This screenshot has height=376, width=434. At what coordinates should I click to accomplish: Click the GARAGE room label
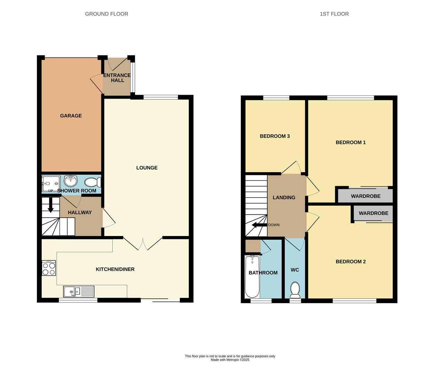(x=71, y=116)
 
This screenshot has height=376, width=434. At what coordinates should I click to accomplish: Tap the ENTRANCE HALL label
(x=117, y=78)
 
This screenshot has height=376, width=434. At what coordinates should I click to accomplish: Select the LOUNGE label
(x=147, y=168)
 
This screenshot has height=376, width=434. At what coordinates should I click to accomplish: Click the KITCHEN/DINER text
(x=115, y=269)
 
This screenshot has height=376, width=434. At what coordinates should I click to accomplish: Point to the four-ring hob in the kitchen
(x=49, y=268)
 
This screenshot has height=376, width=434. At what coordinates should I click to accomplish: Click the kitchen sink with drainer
(x=79, y=291)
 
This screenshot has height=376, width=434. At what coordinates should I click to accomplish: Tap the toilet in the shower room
(x=93, y=182)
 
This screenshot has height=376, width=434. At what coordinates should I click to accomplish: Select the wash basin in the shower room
(x=71, y=181)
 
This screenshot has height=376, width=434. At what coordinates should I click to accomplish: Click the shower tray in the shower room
(x=51, y=184)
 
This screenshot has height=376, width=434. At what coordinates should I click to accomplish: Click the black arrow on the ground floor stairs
(x=50, y=205)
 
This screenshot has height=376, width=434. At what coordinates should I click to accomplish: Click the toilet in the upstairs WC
(x=295, y=290)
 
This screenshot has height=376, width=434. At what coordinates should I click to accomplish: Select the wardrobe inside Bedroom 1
(x=365, y=196)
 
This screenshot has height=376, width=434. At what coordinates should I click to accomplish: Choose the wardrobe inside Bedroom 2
(x=373, y=213)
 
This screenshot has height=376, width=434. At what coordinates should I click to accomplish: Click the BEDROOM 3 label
(x=275, y=136)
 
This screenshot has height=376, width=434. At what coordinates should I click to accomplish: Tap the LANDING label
(x=284, y=197)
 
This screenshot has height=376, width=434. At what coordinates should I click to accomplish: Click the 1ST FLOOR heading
(x=334, y=14)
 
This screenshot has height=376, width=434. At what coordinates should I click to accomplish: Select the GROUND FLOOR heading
(x=106, y=14)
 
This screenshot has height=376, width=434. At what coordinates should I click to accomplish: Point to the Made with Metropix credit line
(x=230, y=360)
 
